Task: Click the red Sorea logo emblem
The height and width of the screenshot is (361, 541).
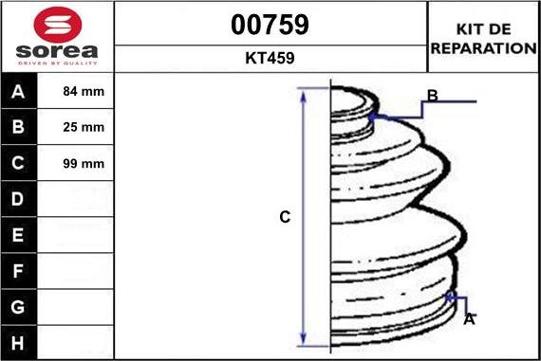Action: pos(58,25)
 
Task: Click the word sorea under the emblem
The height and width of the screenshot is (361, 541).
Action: pos(57,51)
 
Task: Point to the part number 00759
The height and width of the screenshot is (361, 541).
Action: pos(270,25)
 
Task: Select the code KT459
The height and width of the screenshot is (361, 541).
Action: pos(270,58)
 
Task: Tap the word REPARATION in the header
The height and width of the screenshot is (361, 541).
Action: pos(484,48)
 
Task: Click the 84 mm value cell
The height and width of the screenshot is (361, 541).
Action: pos(75,91)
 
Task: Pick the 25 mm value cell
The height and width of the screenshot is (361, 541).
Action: pos(75,127)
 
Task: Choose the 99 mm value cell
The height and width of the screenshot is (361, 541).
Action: pos(75,163)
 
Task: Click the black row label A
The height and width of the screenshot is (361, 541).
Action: pos(19,91)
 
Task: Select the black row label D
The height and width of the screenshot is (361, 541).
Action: pos(19,199)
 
